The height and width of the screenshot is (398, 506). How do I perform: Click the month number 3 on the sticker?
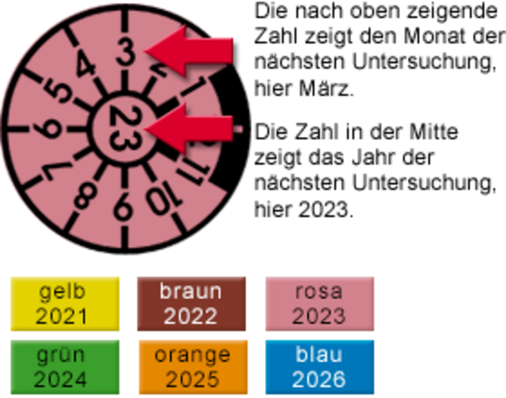point(126,53)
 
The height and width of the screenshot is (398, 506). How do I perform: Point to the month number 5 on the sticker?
point(59,91)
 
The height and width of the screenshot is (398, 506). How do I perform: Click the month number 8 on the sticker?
point(85,195)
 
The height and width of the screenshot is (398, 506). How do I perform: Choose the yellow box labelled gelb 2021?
point(65,303)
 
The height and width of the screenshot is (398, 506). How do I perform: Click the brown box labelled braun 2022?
point(192,303)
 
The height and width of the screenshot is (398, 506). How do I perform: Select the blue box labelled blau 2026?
point(319,367)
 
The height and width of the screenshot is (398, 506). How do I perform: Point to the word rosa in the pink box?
point(319,291)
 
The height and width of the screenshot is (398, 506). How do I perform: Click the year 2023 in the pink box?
point(319,316)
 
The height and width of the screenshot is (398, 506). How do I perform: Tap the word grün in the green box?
point(61,355)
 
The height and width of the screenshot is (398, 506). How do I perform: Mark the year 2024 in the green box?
point(61,379)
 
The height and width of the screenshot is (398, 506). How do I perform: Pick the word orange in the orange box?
point(192,355)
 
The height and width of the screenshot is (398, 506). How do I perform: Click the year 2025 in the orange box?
point(192,379)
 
